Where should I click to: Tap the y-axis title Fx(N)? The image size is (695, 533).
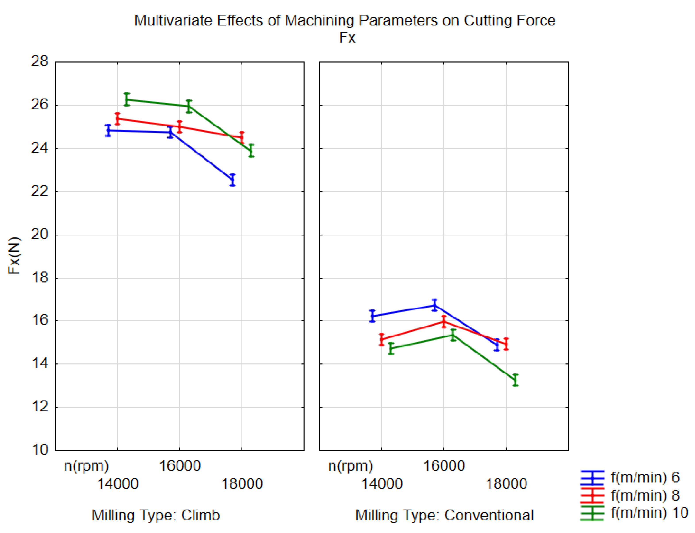pos(14,256)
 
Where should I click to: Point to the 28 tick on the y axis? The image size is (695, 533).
pos(40,61)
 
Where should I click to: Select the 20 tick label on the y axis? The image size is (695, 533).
pos(40,235)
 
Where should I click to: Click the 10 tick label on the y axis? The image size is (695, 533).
pos(40,450)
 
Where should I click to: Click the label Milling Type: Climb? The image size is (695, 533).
pos(156,515)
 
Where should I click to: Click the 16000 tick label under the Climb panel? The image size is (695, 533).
pos(180,466)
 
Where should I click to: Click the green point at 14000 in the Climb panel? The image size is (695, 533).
pos(127,100)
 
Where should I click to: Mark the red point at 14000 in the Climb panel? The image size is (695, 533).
pos(117,119)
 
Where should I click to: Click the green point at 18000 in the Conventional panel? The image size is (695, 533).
pos(515,380)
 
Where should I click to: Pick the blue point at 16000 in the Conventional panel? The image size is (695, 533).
pos(434,305)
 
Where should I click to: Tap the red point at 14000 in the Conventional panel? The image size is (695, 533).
pos(382,340)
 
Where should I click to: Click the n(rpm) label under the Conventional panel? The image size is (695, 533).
pos(350,466)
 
